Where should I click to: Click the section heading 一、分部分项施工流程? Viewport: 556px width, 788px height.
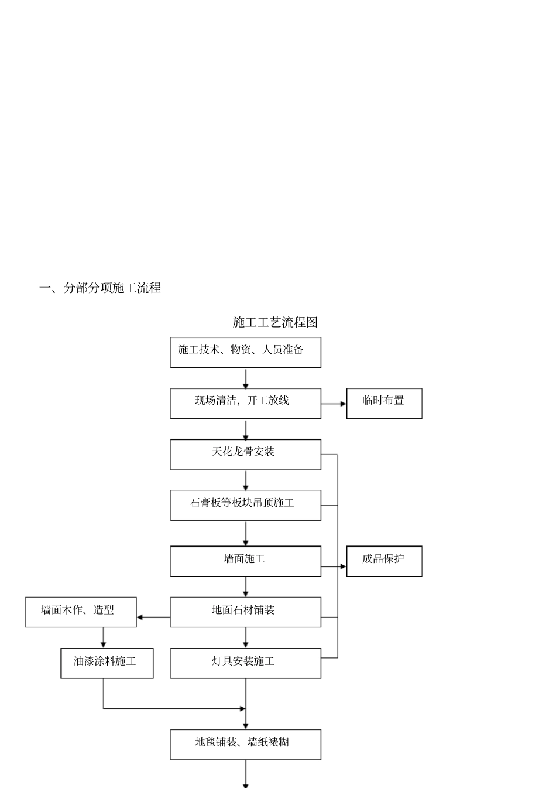point(100,288)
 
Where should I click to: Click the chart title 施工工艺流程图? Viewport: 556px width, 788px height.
point(275,322)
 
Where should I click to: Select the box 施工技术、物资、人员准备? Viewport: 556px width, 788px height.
point(245,352)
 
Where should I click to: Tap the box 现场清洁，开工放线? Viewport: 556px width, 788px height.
point(245,403)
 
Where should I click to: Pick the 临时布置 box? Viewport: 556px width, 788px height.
point(384,403)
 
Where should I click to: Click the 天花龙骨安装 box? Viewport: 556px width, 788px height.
point(245,454)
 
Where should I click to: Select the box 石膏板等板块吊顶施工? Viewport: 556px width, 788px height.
point(245,505)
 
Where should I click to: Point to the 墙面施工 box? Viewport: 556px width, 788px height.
point(245,561)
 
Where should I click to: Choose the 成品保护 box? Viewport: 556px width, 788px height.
point(384,561)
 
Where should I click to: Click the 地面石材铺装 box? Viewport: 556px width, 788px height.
point(245,612)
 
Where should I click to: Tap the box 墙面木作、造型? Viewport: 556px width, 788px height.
point(81,612)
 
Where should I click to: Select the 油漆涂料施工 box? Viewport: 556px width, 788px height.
point(107,663)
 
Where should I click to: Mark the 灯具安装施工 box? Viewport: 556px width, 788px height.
point(245,663)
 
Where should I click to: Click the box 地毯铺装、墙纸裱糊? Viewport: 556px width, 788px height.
point(245,745)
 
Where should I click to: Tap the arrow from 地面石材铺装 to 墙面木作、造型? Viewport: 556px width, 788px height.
point(153,617)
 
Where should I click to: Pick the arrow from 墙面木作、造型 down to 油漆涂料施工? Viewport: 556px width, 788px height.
point(104,637)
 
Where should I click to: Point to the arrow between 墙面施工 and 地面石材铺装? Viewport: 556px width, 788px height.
point(246,587)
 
